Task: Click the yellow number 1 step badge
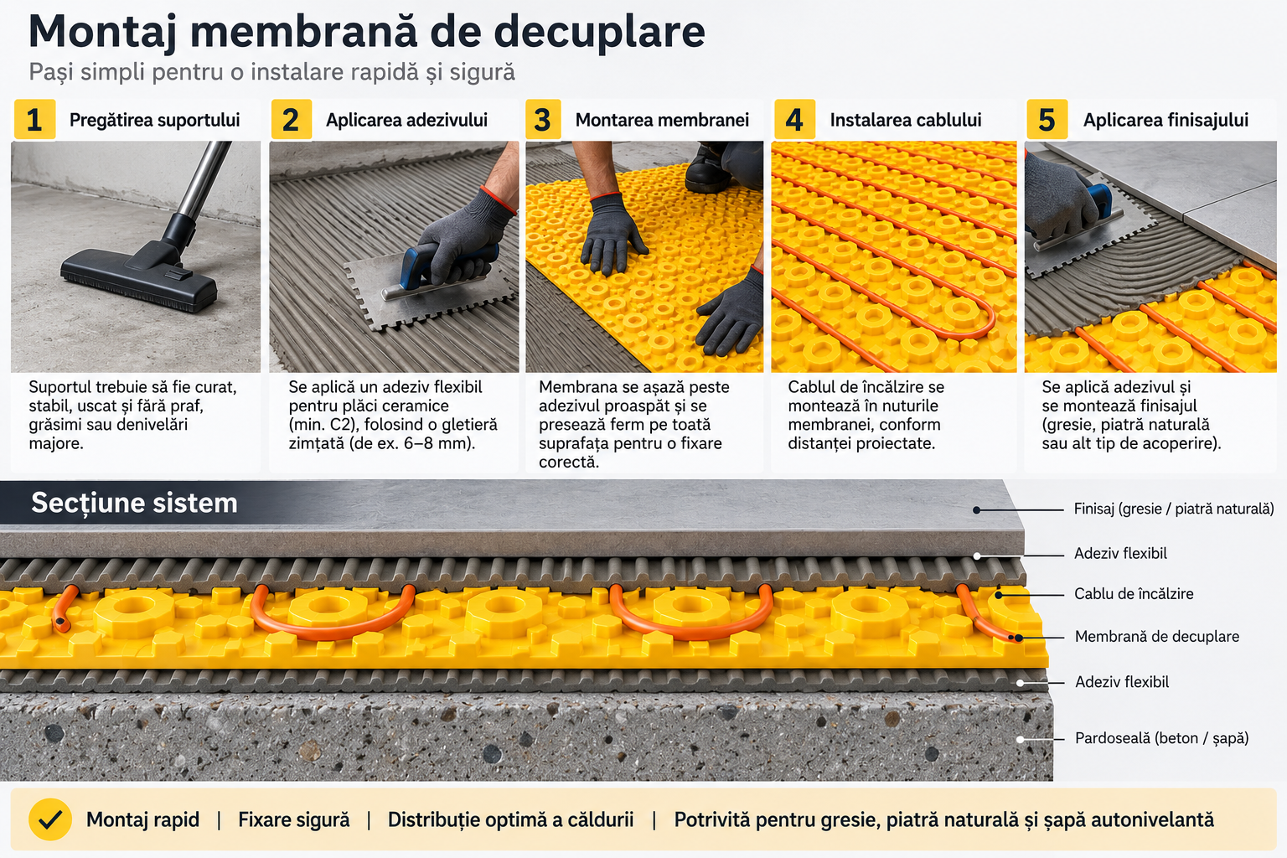pos(34,120)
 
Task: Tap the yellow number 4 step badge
pos(794,120)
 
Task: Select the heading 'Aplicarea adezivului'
pos(406,120)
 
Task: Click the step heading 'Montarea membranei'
pos(662,120)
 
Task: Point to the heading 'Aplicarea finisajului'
pos(1166,120)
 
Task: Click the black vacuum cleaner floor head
pos(140,280)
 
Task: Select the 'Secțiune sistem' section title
pos(134,503)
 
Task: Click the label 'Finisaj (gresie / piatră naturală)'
pos(1174,509)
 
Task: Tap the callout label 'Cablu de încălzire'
pos(1134,594)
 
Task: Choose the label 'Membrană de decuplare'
pos(1156,637)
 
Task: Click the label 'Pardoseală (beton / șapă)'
pos(1162,738)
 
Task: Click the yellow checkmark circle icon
pos(50,819)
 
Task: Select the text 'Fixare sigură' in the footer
pos(293,820)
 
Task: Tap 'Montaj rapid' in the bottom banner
pos(142,820)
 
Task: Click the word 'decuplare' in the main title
pos(599,32)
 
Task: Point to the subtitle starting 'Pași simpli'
pos(271,72)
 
